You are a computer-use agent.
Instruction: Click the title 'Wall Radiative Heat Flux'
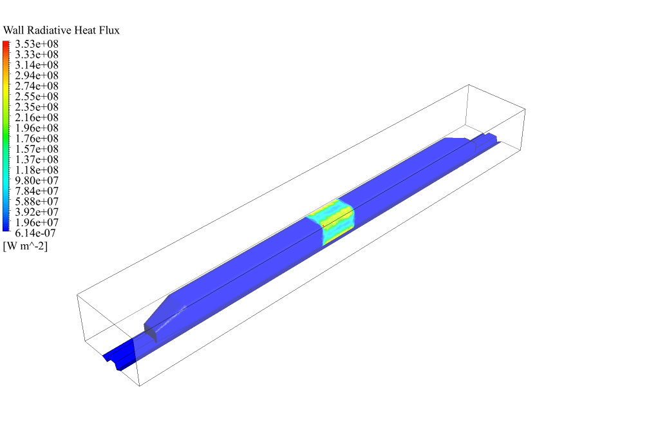[x=61, y=30]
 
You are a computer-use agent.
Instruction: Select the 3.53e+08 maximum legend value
[x=37, y=44]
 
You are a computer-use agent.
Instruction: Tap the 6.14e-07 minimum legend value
[x=35, y=233]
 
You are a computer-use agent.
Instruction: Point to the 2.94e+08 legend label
[x=37, y=75]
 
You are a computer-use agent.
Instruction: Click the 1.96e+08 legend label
[x=37, y=128]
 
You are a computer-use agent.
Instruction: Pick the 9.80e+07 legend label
[x=37, y=180]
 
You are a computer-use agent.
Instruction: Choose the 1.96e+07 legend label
[x=37, y=222]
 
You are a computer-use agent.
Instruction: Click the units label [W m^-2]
[x=25, y=246]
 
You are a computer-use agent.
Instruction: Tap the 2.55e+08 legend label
[x=37, y=97]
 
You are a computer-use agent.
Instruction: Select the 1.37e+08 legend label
[x=37, y=160]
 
